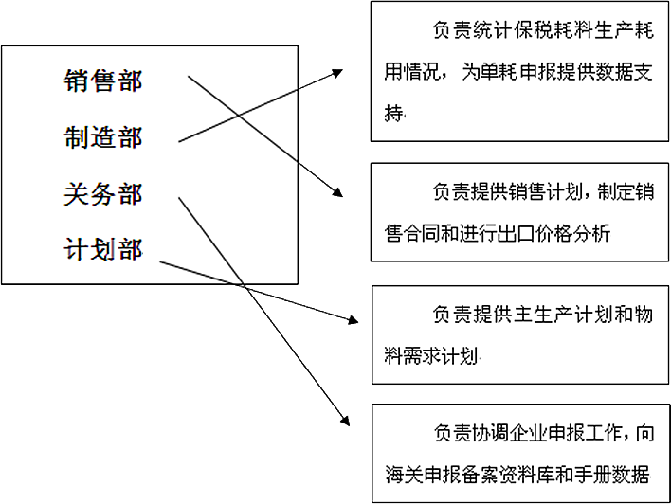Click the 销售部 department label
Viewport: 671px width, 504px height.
coord(102,81)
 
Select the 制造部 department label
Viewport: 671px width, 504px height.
coord(102,137)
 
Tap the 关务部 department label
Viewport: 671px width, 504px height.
coord(102,194)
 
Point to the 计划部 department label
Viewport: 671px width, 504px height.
coord(102,249)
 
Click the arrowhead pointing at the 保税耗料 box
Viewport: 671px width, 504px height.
coord(337,73)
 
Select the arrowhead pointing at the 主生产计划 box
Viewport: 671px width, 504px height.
coord(353,319)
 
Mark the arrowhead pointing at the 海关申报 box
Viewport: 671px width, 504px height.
coord(345,421)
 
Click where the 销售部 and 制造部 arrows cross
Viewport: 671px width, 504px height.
coord(238,116)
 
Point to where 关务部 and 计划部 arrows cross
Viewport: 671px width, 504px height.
coord(244,285)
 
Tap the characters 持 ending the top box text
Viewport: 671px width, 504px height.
coord(393,113)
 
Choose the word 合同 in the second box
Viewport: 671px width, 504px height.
coord(422,234)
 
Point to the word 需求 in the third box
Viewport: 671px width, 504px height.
coord(422,355)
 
